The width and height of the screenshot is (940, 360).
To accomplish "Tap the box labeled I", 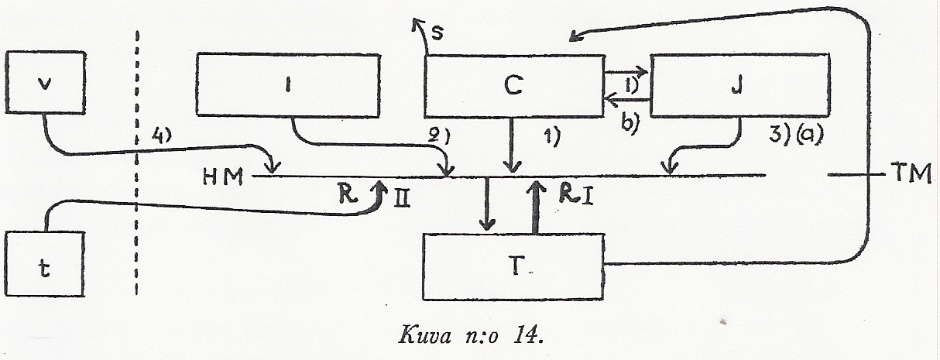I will [x=288, y=85].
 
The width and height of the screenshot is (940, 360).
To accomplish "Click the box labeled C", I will [x=514, y=85].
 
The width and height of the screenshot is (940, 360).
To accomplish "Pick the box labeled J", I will [x=739, y=85].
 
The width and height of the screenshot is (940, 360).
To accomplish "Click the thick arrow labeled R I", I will [x=535, y=207].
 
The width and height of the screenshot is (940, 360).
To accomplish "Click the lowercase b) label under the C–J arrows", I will [x=626, y=124].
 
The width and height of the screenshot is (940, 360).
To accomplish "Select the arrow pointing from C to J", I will [x=627, y=74].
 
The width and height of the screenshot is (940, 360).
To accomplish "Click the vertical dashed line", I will [x=137, y=163].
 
